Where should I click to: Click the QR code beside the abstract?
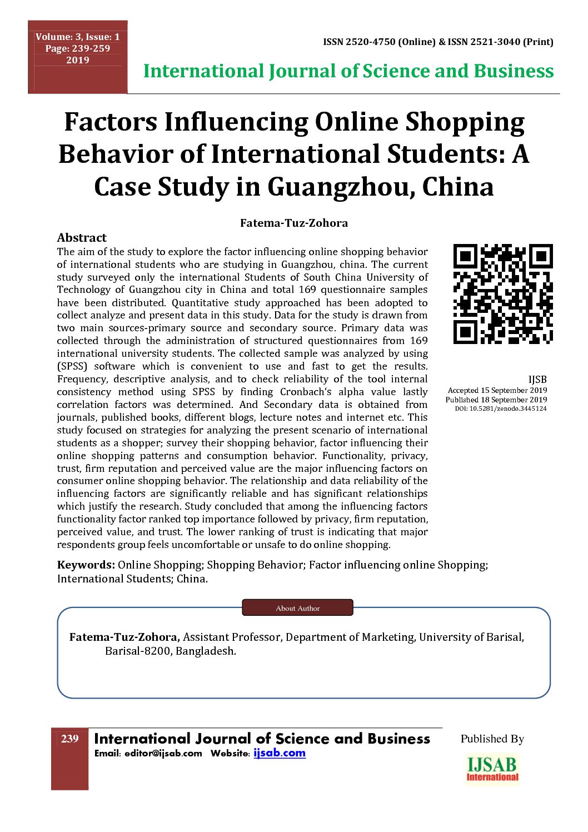503,294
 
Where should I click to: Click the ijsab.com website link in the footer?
280,753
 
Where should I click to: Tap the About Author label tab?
297,608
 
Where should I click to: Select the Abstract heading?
82,238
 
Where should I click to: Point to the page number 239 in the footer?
70,739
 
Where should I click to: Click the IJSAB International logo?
492,769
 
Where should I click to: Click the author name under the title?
293,223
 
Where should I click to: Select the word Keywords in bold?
86,565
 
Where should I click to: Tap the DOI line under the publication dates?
501,408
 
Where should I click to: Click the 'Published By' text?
492,739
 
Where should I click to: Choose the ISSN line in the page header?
438,42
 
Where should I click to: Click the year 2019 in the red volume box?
78,60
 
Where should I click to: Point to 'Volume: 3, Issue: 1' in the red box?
78,37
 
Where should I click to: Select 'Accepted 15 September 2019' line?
497,390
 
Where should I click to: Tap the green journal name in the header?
348,71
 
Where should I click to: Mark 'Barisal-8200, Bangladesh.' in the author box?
171,651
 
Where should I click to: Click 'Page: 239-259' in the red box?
78,48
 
